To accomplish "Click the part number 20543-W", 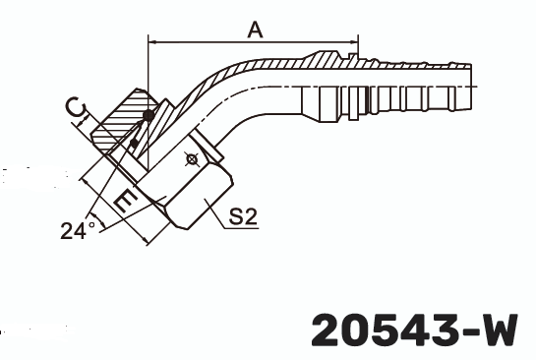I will [413, 329].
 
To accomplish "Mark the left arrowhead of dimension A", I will [150, 41].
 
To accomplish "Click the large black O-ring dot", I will [147, 117].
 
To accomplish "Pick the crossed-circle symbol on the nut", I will [192, 156].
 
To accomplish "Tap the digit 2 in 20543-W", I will [328, 329].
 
